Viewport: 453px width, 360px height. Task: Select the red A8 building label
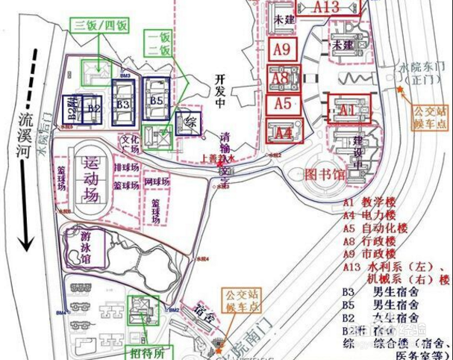pos(281,78)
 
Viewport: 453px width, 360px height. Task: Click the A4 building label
pos(283,134)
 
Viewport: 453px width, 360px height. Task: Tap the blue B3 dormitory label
pos(123,104)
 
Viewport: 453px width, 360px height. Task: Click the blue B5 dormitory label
pos(156,100)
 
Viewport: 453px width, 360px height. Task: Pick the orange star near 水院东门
pos(401,90)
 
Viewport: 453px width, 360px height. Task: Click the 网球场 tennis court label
pos(157,181)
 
